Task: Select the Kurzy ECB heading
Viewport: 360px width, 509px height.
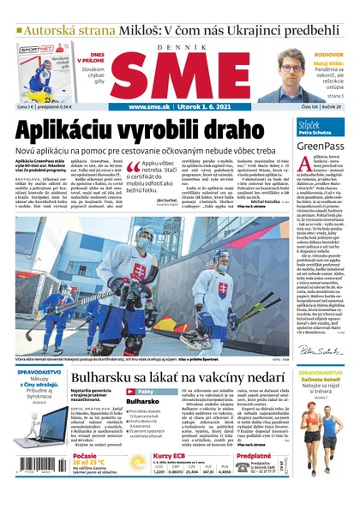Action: click(171, 457)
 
